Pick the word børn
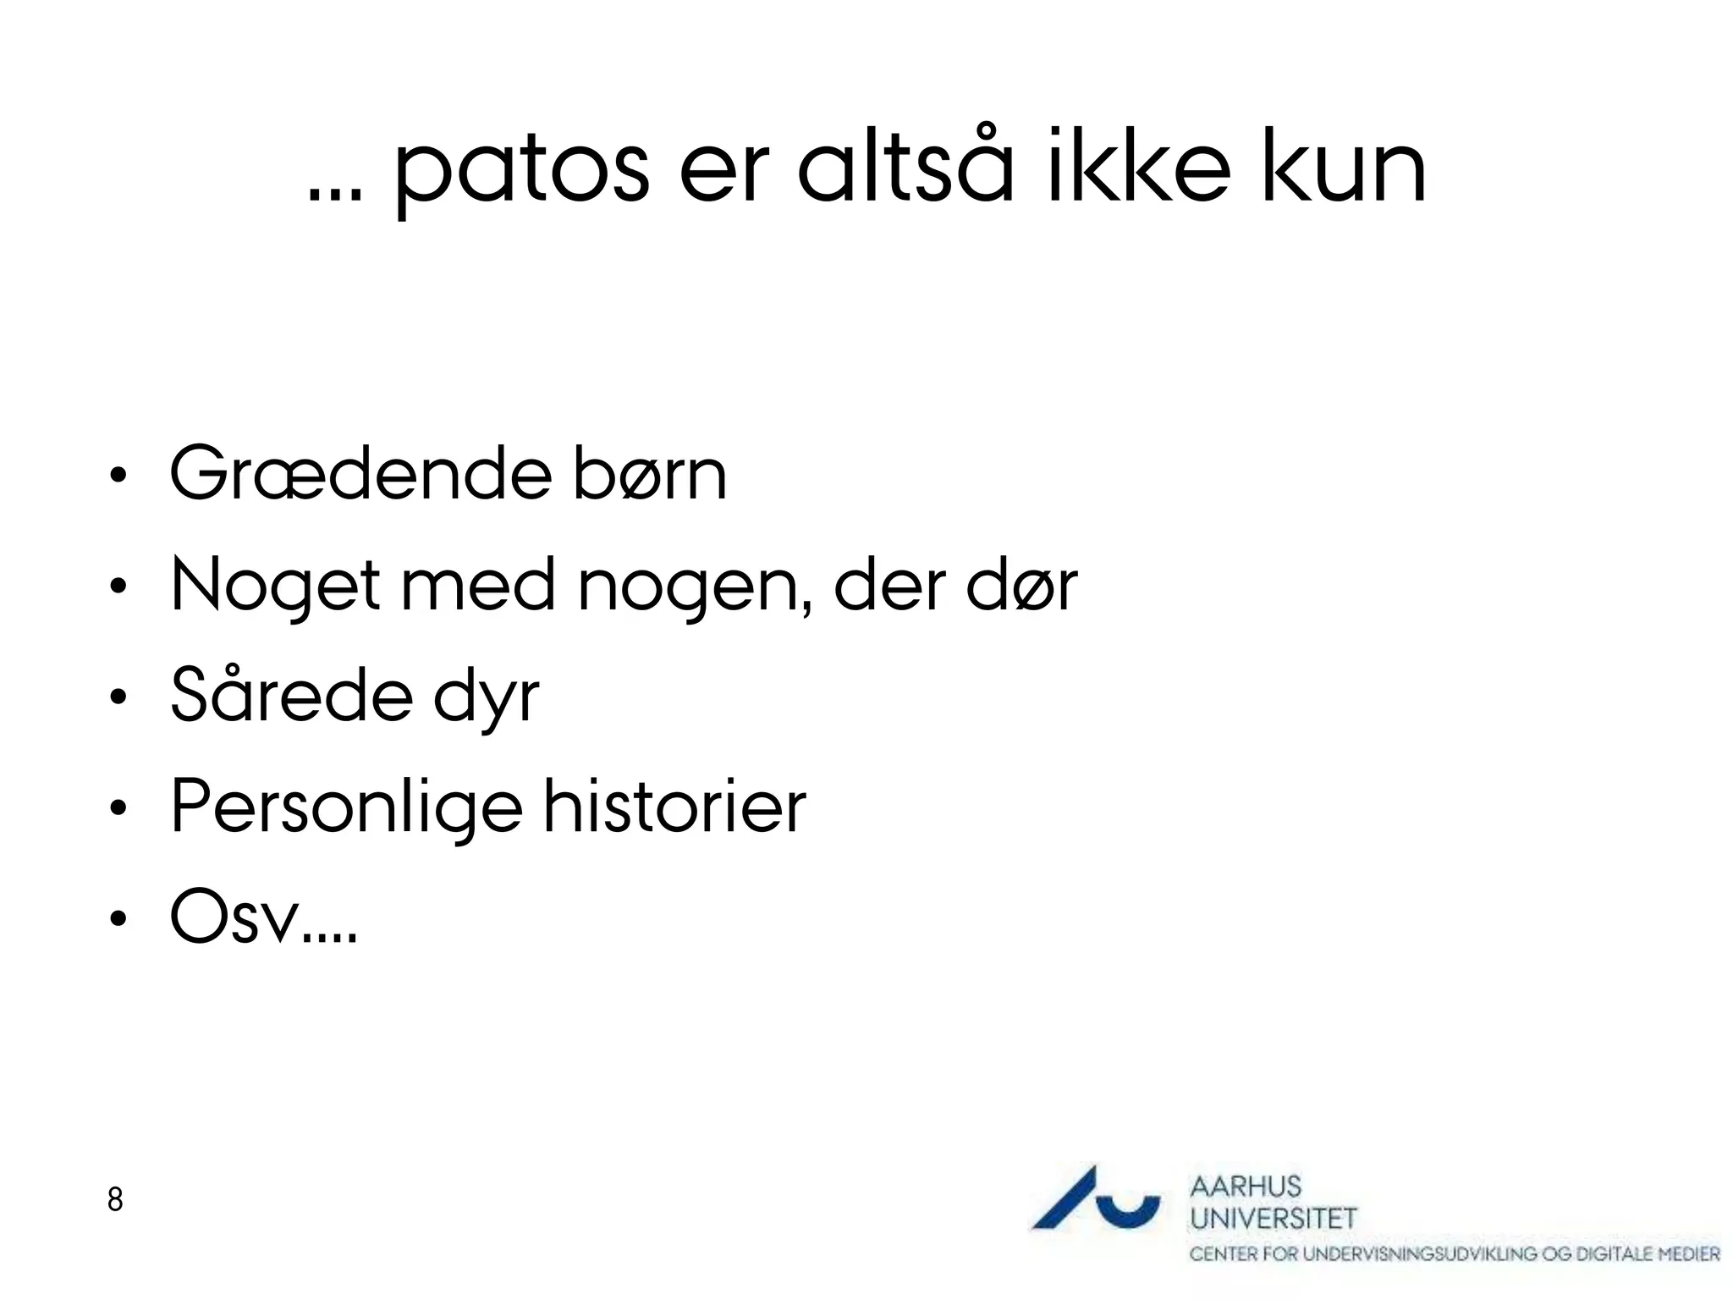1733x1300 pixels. pyautogui.click(x=649, y=474)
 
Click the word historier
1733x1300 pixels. pyautogui.click(x=674, y=806)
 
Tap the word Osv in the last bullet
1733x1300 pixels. pyautogui.click(x=236, y=917)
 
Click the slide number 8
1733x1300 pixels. pyautogui.click(x=115, y=1199)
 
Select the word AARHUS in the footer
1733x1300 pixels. pyautogui.click(x=1245, y=1187)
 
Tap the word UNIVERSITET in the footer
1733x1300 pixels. pyautogui.click(x=1273, y=1219)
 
